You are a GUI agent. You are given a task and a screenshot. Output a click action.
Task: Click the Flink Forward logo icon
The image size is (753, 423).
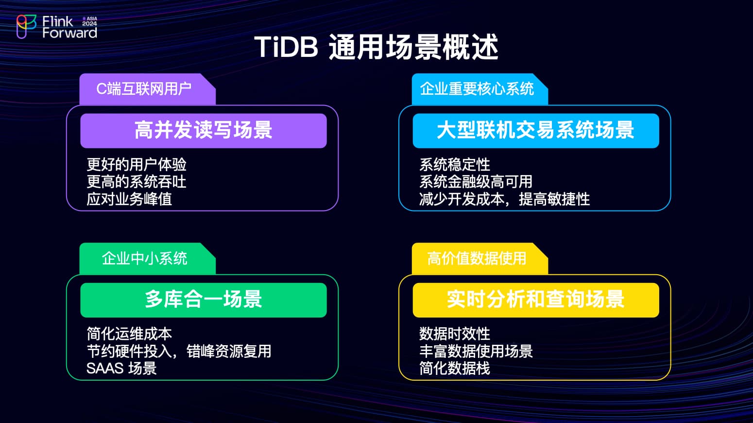pyautogui.click(x=26, y=27)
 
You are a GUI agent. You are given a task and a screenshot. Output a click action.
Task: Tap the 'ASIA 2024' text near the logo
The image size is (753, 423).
pyautogui.click(x=90, y=21)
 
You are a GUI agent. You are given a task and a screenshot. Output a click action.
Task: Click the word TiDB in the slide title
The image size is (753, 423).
pyautogui.click(x=286, y=47)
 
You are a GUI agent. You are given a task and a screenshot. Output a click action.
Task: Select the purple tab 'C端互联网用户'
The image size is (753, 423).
pyautogui.click(x=147, y=89)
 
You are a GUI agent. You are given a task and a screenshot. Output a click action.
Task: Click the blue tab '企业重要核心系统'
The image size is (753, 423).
pyautogui.click(x=479, y=89)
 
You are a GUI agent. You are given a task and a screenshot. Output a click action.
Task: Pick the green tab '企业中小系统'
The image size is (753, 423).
pyautogui.click(x=147, y=259)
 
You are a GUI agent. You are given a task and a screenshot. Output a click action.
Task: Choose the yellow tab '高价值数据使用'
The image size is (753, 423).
pyautogui.click(x=479, y=259)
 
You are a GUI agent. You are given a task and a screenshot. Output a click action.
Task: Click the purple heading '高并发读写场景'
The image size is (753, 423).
pyautogui.click(x=204, y=131)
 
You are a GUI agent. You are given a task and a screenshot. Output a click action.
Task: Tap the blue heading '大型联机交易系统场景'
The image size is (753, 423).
pyautogui.click(x=536, y=131)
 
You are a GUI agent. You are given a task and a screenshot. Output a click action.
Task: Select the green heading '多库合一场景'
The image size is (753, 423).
pyautogui.click(x=204, y=300)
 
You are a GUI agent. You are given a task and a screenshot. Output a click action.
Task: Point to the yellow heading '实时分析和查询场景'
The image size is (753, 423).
pyautogui.click(x=536, y=300)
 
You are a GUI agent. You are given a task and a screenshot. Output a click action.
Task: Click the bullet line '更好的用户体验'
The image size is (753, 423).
pyautogui.click(x=137, y=164)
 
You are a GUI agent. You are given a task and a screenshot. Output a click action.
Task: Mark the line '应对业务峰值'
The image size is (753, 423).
pyautogui.click(x=129, y=199)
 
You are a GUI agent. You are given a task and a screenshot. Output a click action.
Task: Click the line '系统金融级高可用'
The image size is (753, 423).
pyautogui.click(x=476, y=182)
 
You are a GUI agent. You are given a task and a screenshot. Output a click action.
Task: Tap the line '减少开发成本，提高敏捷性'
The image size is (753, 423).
pyautogui.click(x=504, y=199)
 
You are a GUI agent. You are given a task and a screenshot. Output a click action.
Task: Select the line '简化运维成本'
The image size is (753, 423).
pyautogui.click(x=129, y=334)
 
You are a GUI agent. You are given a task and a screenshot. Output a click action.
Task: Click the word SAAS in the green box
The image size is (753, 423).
pyautogui.click(x=105, y=368)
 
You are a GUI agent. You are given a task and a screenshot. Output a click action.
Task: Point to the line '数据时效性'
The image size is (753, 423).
pyautogui.click(x=455, y=334)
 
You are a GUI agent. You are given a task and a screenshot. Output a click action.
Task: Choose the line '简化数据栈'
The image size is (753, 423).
pyautogui.click(x=455, y=368)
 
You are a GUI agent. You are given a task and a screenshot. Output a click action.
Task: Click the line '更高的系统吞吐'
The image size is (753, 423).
pyautogui.click(x=137, y=182)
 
